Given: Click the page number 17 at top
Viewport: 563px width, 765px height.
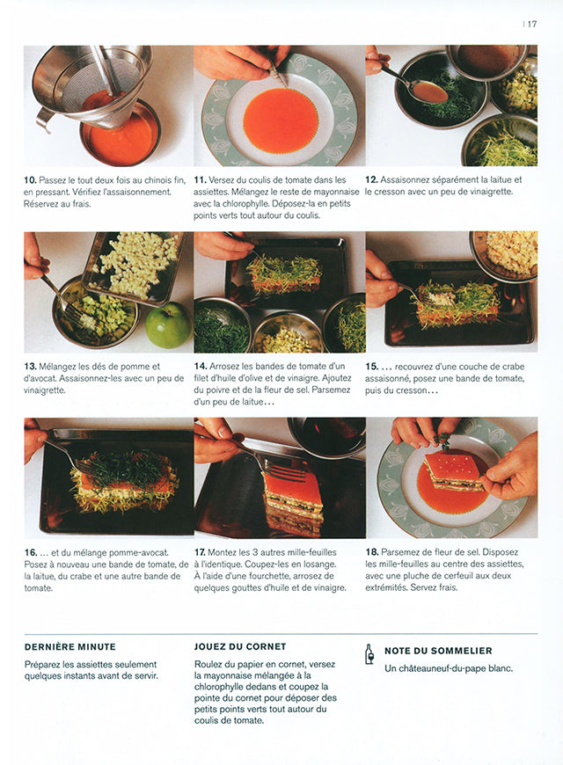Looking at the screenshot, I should (532, 25).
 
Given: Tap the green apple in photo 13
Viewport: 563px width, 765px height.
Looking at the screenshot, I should (167, 326).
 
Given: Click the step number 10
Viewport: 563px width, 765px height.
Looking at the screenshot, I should (30, 180).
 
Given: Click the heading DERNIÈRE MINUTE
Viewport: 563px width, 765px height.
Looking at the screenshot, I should (69, 647).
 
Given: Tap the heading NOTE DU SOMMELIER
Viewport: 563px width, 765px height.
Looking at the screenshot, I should (438, 651).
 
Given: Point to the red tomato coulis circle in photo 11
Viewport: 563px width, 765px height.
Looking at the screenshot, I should (280, 120).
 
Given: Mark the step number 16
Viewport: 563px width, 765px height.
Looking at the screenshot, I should (30, 552).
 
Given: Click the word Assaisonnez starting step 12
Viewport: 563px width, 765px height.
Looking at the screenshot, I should (417, 180).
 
